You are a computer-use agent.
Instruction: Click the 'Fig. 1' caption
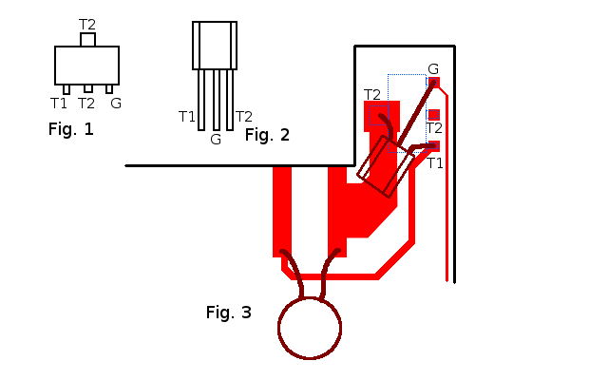point(70,129)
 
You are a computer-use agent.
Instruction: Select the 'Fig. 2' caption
point(267,134)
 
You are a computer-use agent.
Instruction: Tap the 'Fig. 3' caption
point(229,312)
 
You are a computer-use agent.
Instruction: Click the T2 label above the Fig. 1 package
point(86,24)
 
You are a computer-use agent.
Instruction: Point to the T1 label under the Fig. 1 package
point(59,103)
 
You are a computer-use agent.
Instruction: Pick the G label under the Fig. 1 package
point(116,103)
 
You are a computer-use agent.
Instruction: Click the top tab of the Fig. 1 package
point(87,40)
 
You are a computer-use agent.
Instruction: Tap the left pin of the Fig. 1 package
point(66,89)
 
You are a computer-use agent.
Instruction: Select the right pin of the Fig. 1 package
point(110,89)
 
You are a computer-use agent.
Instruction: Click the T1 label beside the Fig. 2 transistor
point(187,116)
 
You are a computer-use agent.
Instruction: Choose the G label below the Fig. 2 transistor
point(216,139)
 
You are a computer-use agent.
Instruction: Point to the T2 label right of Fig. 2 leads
point(243,116)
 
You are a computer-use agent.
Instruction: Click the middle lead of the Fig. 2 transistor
point(216,99)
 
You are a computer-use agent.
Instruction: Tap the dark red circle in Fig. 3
point(309,328)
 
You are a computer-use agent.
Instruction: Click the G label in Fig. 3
point(433,68)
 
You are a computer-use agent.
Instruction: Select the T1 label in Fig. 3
point(435,162)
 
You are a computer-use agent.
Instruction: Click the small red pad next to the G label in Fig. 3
point(435,83)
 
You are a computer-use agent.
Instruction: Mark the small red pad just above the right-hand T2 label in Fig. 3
point(434,114)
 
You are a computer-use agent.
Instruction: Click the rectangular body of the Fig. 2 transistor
point(215,45)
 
